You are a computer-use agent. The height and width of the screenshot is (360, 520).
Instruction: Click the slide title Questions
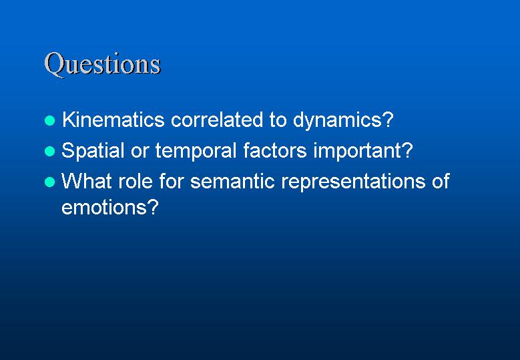pos(103,64)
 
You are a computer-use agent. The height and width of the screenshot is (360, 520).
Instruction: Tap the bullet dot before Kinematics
pos(50,120)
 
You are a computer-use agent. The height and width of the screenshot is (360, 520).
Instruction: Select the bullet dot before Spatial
pos(50,152)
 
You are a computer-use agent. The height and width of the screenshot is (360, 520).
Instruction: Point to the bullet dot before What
pos(50,182)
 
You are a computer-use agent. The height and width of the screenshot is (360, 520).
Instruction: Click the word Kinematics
pos(113,119)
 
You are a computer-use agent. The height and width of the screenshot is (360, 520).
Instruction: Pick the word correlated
pos(217,119)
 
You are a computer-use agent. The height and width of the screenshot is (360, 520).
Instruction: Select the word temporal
pos(196,152)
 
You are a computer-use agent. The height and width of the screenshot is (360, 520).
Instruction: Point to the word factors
pos(275,150)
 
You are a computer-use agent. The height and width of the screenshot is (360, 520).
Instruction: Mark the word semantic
pos(232,182)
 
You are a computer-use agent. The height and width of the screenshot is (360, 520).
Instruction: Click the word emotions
pos(103,207)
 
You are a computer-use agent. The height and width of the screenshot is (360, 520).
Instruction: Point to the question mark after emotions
pos(152,206)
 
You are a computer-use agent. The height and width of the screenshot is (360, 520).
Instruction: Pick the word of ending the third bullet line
pos(441,181)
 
